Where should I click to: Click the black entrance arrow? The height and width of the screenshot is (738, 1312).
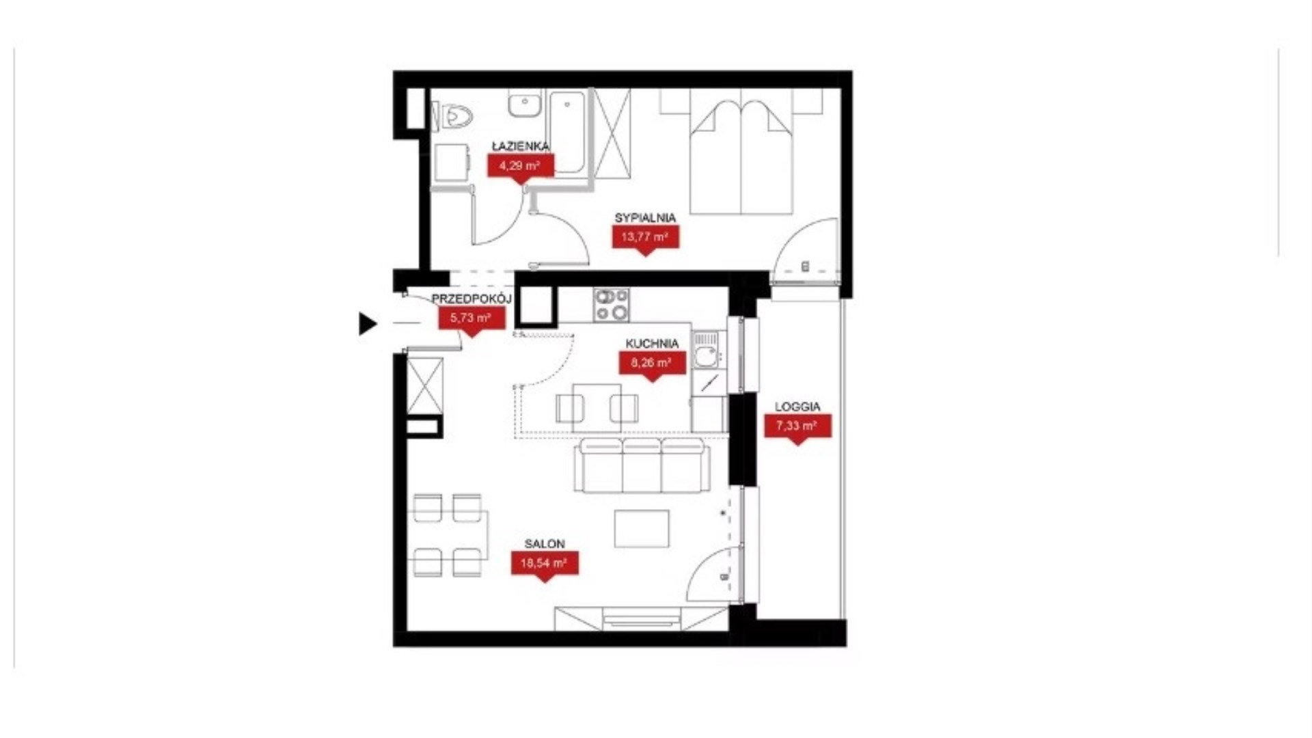[368, 323]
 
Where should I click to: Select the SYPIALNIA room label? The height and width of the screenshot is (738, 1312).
[645, 217]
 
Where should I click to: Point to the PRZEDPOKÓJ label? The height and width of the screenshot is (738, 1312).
[471, 299]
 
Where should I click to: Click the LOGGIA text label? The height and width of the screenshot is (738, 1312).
[797, 407]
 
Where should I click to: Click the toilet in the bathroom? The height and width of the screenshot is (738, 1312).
[454, 116]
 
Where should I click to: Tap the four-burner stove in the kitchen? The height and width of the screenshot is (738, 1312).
[612, 305]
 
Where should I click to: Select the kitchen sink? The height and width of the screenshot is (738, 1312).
[706, 354]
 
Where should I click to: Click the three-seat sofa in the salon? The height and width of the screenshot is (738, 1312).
[642, 466]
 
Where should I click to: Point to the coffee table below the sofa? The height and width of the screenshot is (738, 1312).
[642, 528]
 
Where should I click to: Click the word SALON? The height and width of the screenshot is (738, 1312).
[545, 544]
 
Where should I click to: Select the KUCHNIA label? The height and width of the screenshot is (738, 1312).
[652, 344]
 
